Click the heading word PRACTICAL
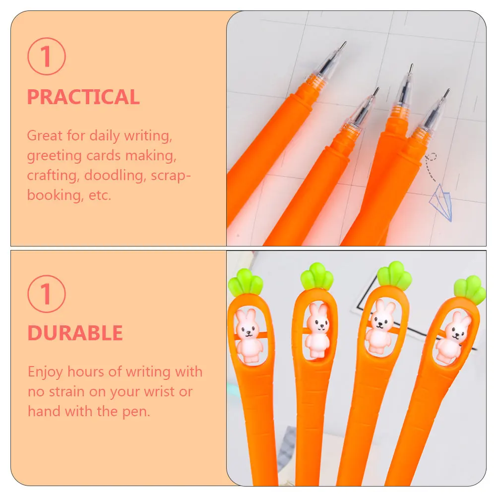[x=83, y=97]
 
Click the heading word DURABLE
[x=75, y=333]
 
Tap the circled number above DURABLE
[x=46, y=293]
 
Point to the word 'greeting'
[x=54, y=156]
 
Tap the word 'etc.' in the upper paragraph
[x=98, y=195]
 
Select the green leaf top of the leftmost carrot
[x=245, y=282]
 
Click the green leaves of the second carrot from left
[x=316, y=276]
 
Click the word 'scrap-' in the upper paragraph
[x=171, y=176]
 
